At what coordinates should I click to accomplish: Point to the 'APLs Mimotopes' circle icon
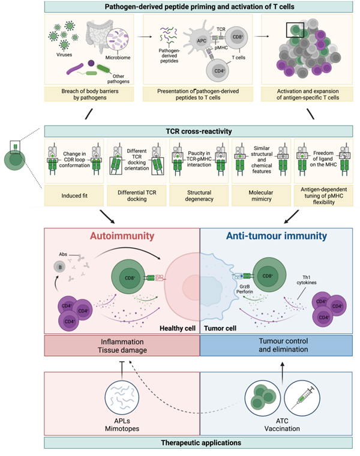coord(122,399)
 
